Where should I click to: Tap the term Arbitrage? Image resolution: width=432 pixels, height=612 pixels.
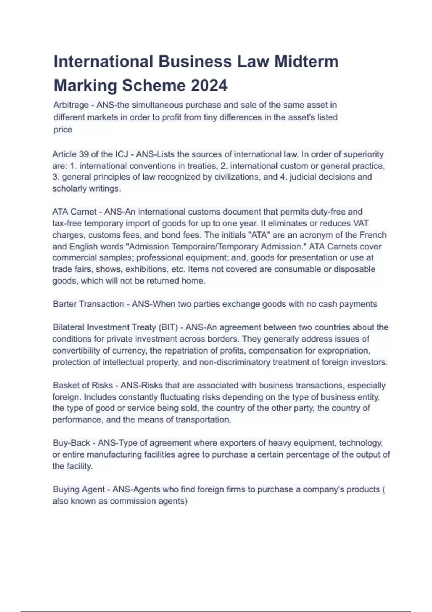click(71, 105)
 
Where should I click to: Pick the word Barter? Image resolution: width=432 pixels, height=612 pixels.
click(64, 304)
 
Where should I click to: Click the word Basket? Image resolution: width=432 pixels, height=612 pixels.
click(65, 385)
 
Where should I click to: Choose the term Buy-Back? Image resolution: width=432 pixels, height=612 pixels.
click(71, 443)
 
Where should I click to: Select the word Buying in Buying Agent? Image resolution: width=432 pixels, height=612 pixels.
click(66, 490)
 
